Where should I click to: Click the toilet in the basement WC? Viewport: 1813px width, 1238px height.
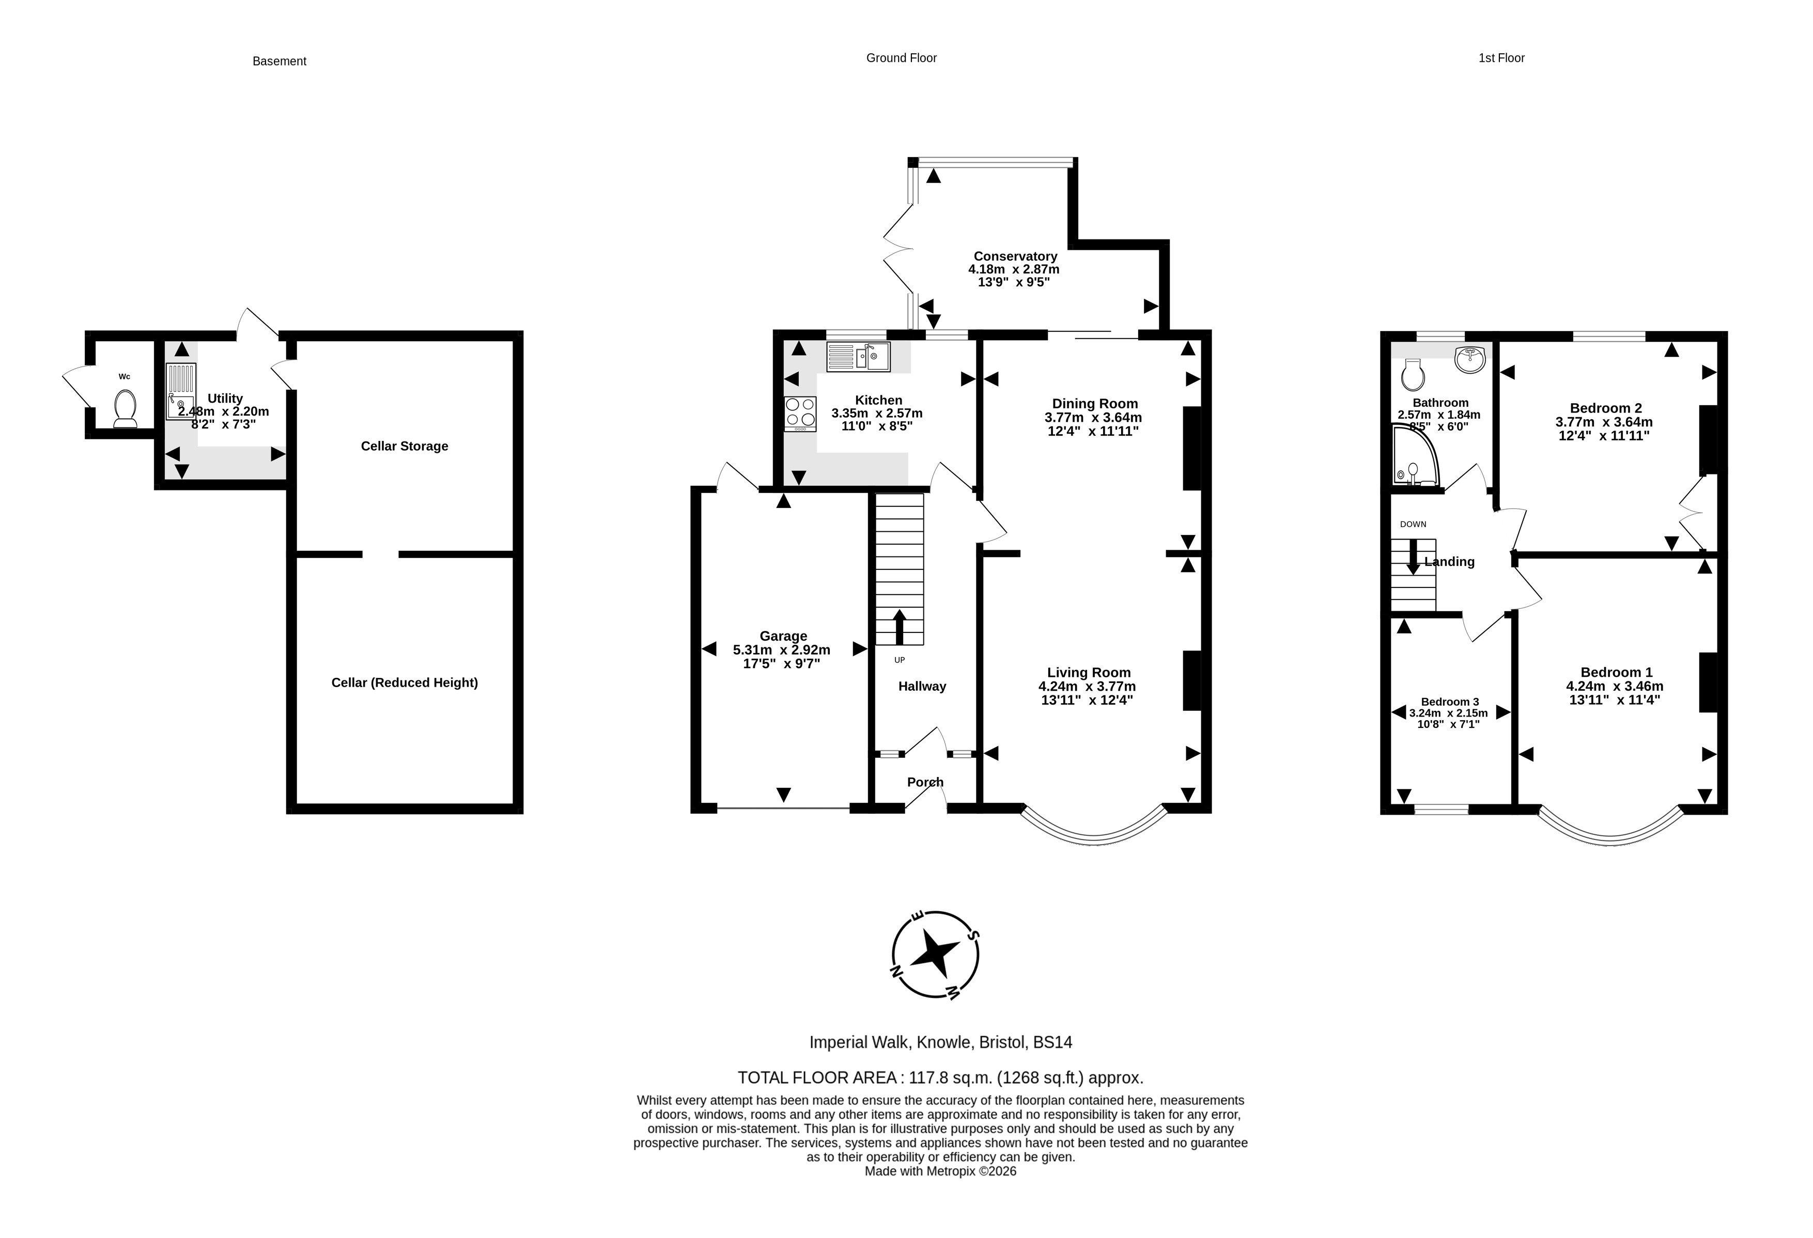[125, 408]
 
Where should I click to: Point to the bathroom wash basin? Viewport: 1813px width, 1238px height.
[1470, 359]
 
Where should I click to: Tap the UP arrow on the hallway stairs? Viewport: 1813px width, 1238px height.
[900, 627]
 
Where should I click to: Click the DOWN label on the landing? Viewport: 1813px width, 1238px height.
[1413, 524]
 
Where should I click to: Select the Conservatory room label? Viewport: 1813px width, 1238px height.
[1015, 256]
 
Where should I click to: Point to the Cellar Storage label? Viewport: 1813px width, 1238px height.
[404, 446]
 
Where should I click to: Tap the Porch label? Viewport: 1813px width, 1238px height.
[925, 782]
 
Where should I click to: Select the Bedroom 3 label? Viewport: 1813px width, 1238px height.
[1449, 702]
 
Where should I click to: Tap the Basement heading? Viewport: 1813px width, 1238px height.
[280, 61]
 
